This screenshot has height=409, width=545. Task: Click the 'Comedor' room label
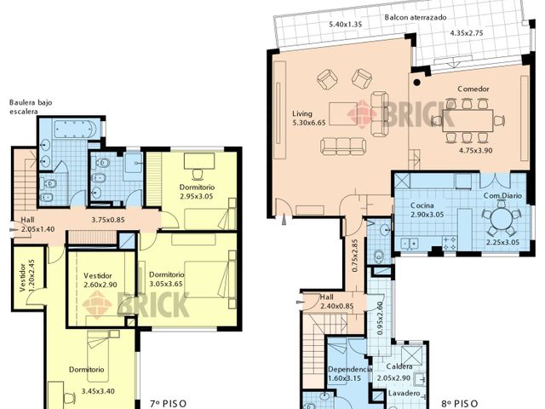473,89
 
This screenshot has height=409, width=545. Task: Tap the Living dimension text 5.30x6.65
309,123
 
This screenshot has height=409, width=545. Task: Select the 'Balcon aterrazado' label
416,17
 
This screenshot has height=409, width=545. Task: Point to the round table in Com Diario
502,219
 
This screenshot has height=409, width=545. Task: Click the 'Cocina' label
422,205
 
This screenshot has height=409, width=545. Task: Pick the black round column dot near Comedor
416,83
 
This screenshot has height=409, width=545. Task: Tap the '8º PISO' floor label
460,404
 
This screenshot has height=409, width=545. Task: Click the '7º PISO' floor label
169,404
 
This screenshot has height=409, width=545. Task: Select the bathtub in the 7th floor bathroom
76,130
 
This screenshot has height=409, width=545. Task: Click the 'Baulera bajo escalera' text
31,107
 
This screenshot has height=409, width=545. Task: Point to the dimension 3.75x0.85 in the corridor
108,220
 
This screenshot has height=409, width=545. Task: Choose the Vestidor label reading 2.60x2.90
100,285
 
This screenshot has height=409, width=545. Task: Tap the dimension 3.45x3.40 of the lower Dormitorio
98,391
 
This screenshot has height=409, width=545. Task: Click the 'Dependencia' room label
350,369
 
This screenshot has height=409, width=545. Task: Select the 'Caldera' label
399,366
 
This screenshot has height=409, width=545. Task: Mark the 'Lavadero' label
404,394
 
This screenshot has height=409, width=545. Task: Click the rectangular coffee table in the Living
343,113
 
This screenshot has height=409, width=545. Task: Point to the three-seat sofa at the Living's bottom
343,146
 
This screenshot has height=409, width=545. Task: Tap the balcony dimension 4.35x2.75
467,33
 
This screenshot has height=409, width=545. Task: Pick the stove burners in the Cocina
449,243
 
